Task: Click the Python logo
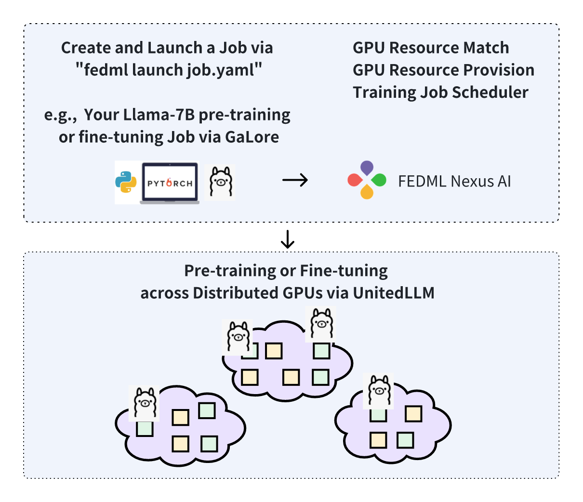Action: (126, 183)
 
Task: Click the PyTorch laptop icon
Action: (170, 183)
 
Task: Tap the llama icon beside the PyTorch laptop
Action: (220, 182)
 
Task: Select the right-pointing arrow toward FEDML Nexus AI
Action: (295, 181)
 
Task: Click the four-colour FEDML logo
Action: (367, 180)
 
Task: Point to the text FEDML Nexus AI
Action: (454, 181)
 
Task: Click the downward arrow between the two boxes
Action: (288, 239)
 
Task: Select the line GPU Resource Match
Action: (431, 48)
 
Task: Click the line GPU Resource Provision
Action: (443, 70)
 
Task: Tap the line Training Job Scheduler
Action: (440, 92)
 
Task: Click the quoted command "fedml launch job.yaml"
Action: (169, 70)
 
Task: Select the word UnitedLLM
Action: (394, 292)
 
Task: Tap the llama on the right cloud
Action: (378, 391)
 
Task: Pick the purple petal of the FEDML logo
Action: (367, 168)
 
